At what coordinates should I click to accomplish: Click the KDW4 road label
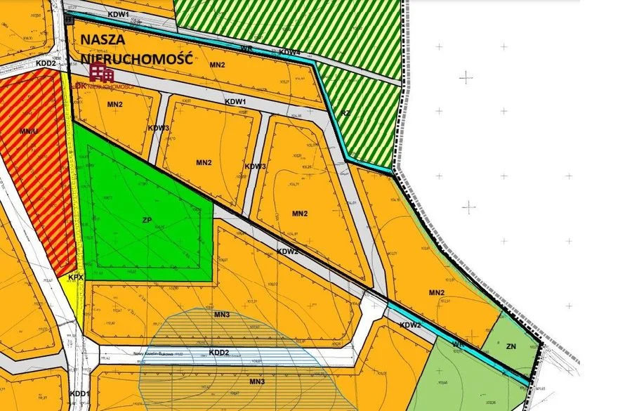(x=289, y=52)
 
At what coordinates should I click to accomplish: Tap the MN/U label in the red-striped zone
(x=28, y=131)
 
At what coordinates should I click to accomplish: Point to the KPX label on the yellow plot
(x=76, y=278)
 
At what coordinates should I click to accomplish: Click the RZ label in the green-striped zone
(x=345, y=112)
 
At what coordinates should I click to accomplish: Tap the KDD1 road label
(x=79, y=393)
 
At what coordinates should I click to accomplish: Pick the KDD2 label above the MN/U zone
(x=45, y=63)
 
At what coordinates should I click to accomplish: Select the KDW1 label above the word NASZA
(x=119, y=14)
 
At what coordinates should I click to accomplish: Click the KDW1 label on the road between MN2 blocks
(x=235, y=102)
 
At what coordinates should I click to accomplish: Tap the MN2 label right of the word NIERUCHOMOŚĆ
(x=217, y=65)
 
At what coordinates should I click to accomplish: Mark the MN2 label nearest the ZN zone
(x=436, y=292)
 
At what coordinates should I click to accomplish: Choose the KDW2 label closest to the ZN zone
(x=410, y=325)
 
